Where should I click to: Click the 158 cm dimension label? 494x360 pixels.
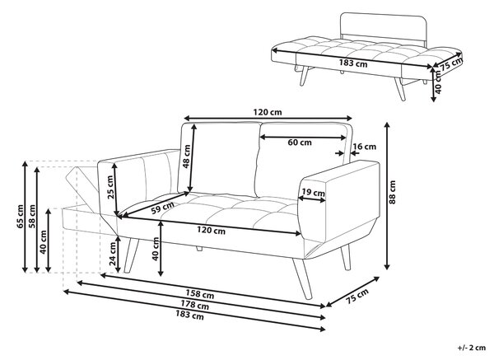(x=199, y=294)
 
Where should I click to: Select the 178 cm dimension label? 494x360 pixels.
(x=194, y=305)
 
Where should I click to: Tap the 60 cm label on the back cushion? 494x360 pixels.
(x=300, y=143)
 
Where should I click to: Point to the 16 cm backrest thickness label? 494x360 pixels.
(x=365, y=147)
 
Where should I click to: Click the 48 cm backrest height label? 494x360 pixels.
(x=186, y=157)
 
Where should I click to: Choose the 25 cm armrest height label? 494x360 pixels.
(x=110, y=187)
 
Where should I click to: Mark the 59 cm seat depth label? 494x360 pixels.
(x=162, y=208)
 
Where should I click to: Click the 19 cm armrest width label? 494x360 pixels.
(x=313, y=192)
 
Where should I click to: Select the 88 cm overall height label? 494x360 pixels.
(x=392, y=192)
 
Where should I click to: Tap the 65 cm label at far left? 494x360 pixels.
(x=20, y=217)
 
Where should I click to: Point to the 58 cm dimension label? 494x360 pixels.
(x=32, y=217)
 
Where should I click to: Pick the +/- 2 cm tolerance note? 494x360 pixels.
(x=472, y=348)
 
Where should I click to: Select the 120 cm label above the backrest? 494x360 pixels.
(x=268, y=112)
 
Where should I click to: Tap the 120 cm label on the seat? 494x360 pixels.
(x=211, y=231)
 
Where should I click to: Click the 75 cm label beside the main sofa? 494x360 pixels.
(x=357, y=297)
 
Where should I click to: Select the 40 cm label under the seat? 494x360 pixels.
(x=155, y=249)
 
